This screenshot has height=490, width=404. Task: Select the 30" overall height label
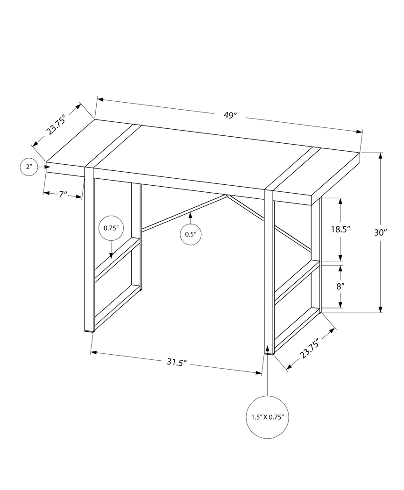pyautogui.click(x=381, y=232)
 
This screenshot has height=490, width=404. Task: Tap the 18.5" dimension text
pyautogui.click(x=340, y=229)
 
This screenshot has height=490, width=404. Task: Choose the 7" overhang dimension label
pyautogui.click(x=63, y=194)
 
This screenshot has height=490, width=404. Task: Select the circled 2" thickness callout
pyautogui.click(x=29, y=167)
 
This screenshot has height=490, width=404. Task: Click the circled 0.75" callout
pyautogui.click(x=111, y=228)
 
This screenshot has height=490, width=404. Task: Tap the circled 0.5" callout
pyautogui.click(x=191, y=234)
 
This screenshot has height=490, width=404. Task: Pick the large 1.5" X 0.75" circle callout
pyautogui.click(x=268, y=417)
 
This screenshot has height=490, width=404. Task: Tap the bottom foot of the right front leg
pyautogui.click(x=269, y=353)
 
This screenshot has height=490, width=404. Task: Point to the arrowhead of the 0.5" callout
pyautogui.click(x=191, y=215)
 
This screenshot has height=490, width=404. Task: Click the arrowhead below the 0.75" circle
pyautogui.click(x=111, y=255)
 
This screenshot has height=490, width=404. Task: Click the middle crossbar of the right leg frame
pyautogui.click(x=297, y=278)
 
